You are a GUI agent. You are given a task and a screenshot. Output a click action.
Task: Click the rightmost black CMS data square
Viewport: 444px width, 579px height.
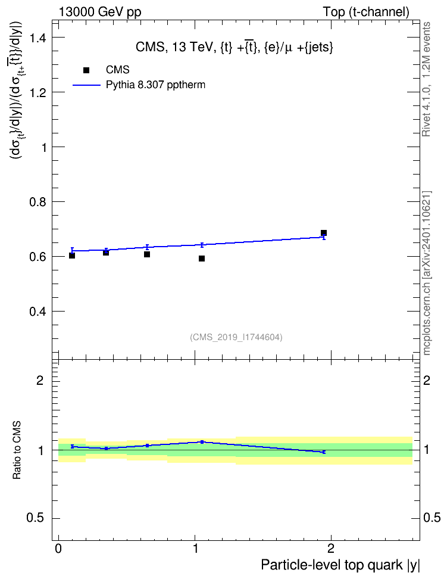point(324,233)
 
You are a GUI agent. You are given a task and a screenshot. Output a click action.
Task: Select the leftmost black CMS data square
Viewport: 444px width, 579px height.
point(72,256)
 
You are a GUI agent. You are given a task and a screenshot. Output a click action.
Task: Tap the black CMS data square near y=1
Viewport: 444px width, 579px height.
point(202,259)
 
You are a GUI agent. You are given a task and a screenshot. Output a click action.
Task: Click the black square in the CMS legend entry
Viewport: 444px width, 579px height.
point(86,70)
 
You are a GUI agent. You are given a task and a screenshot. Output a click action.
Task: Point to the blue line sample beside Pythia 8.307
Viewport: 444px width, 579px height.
point(86,85)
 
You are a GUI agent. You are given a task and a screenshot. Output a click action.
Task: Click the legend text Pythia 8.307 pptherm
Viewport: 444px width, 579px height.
point(155,85)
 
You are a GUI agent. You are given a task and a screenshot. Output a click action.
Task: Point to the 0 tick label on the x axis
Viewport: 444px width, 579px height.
point(58,548)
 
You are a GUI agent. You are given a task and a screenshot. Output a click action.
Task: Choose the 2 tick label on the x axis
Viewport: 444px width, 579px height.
point(331,548)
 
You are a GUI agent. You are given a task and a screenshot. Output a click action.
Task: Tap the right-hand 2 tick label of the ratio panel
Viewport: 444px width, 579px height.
point(427,380)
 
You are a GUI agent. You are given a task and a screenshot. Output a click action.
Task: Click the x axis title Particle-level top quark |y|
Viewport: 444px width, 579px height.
point(340,565)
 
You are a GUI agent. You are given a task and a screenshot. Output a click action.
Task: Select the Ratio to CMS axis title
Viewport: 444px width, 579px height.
point(17,450)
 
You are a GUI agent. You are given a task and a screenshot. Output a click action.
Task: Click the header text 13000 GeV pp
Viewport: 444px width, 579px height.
point(99,12)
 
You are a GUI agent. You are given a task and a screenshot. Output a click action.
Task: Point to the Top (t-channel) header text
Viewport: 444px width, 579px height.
point(366,12)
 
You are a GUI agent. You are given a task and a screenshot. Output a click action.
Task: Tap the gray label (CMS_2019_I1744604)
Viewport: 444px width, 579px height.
point(236,337)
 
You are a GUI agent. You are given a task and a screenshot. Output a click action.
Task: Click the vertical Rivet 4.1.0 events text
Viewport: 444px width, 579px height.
point(426,79)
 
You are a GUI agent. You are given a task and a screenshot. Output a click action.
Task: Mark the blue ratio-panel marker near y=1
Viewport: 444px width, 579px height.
point(202,442)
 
